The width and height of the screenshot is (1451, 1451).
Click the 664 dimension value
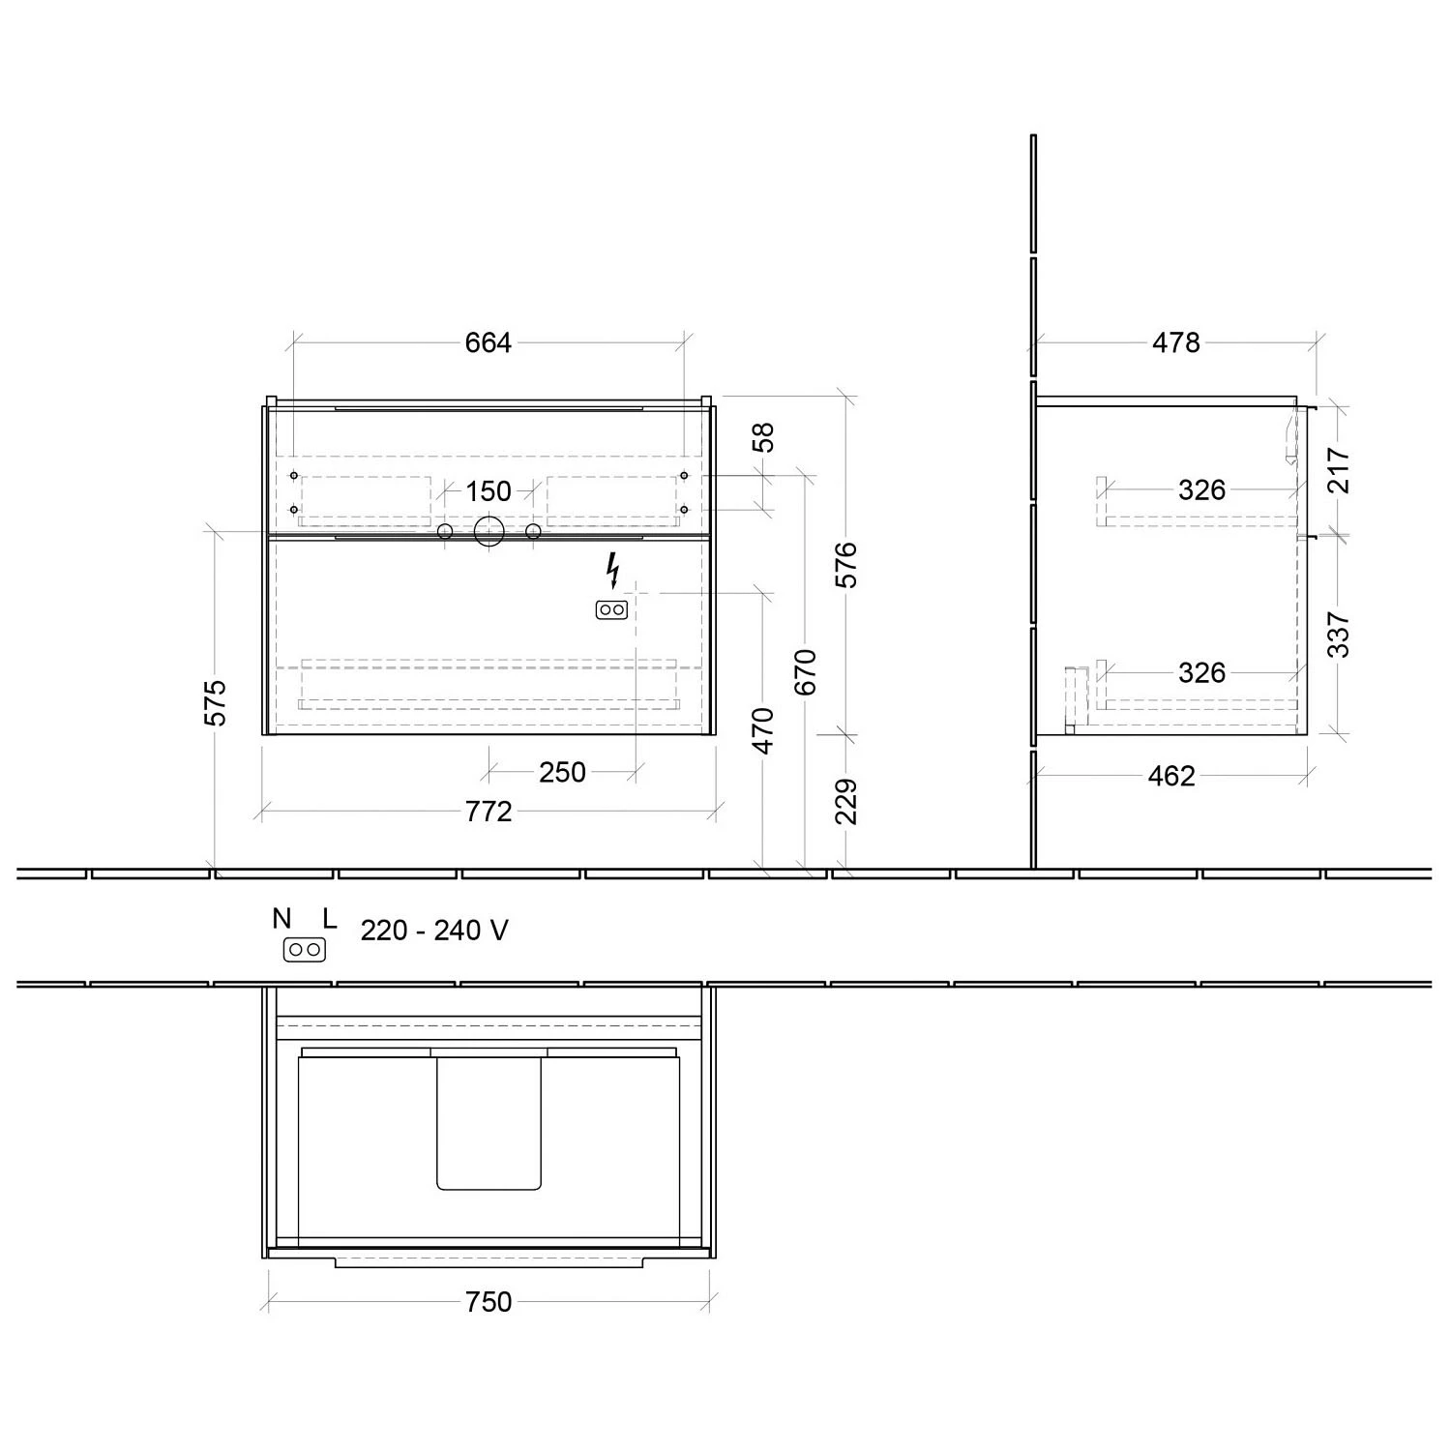pyautogui.click(x=489, y=343)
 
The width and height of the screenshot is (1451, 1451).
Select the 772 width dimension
pyautogui.click(x=489, y=812)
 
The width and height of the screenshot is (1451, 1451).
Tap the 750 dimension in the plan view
pyautogui.click(x=489, y=1302)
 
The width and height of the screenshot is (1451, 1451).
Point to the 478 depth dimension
pyautogui.click(x=1175, y=343)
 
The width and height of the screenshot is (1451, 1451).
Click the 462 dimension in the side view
pyautogui.click(x=1171, y=776)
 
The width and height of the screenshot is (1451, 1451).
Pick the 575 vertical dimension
pyautogui.click(x=216, y=702)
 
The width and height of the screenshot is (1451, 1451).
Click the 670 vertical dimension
pyautogui.click(x=806, y=671)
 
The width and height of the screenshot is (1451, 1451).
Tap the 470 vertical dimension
pyautogui.click(x=764, y=730)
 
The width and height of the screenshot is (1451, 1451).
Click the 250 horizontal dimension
pyautogui.click(x=562, y=772)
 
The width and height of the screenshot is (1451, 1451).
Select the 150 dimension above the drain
pyautogui.click(x=489, y=491)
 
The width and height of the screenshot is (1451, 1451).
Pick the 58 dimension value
pyautogui.click(x=764, y=438)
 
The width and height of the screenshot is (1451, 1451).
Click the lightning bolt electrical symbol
pyautogui.click(x=611, y=571)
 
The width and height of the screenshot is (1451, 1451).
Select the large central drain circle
pyautogui.click(x=489, y=531)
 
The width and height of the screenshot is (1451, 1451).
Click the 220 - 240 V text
pyautogui.click(x=434, y=931)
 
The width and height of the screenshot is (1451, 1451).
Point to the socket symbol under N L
pyautogui.click(x=304, y=950)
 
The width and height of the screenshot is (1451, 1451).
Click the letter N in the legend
pyautogui.click(x=281, y=919)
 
